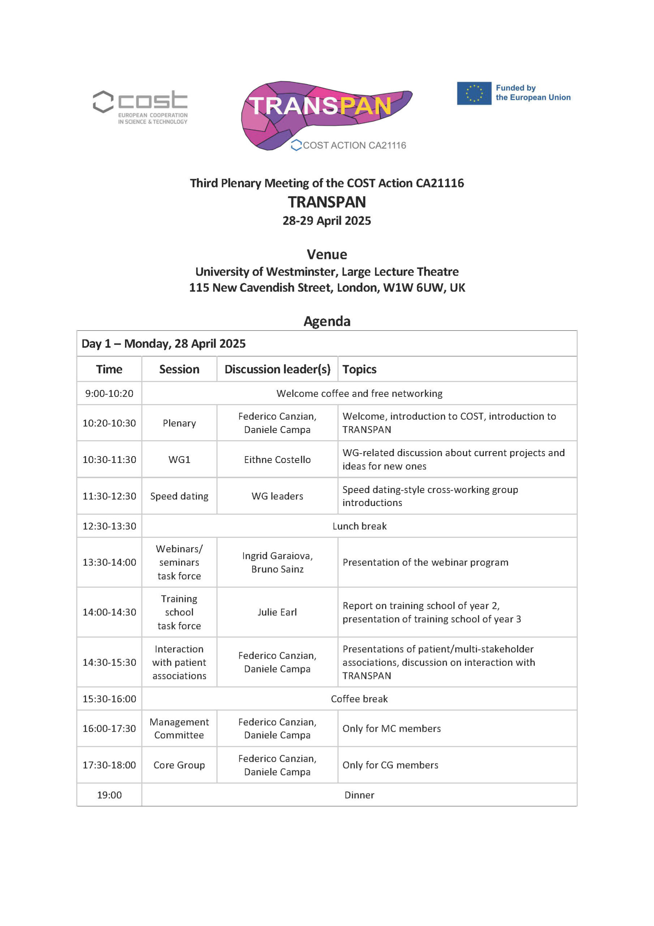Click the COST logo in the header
(140, 106)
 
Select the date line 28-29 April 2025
(326, 221)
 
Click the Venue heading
(326, 254)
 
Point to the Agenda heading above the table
(326, 321)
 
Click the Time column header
(109, 369)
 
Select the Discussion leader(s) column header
(277, 369)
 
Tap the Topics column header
(359, 369)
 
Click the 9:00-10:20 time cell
(109, 393)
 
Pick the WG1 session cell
(179, 459)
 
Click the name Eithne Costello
(277, 459)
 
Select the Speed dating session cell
(179, 496)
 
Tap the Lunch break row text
(359, 526)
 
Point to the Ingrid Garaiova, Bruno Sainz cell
(277, 562)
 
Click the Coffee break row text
(359, 699)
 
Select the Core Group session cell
(179, 765)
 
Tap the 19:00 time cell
(109, 795)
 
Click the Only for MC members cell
(392, 729)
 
